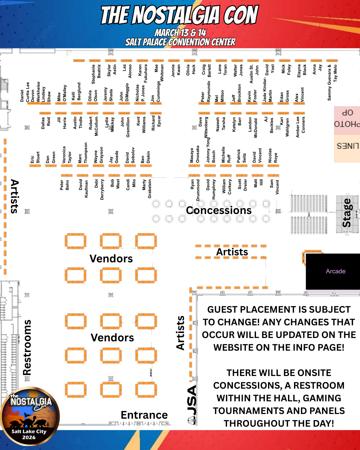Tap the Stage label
(x=347, y=213)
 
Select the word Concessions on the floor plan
(x=219, y=210)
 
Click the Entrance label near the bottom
(x=144, y=415)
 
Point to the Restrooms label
(x=27, y=347)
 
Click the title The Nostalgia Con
(x=180, y=15)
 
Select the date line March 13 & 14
(x=180, y=33)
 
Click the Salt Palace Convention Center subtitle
(x=180, y=42)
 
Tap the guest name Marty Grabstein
(x=147, y=189)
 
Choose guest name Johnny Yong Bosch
(x=211, y=151)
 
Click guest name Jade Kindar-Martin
(x=267, y=91)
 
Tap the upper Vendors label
(x=111, y=259)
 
